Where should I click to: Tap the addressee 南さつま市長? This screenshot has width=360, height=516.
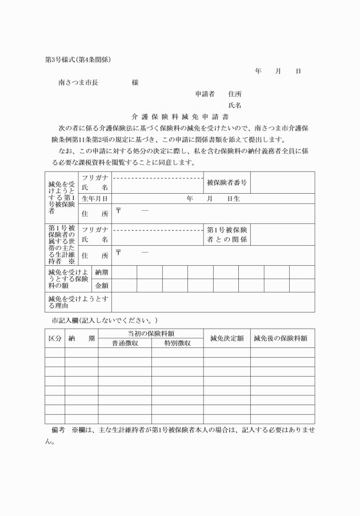click(x=78, y=83)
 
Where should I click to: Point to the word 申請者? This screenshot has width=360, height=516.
click(x=205, y=94)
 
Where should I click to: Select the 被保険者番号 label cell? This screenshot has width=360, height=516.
click(x=227, y=182)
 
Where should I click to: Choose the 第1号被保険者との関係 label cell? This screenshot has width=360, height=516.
click(x=227, y=234)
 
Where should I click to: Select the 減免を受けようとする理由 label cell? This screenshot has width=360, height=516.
click(x=79, y=302)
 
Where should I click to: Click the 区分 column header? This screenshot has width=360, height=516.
click(x=54, y=338)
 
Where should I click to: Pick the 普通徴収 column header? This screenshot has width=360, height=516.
click(x=125, y=343)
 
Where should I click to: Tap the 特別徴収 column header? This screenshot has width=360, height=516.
click(x=177, y=343)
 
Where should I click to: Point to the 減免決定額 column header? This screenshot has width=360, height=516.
click(x=227, y=338)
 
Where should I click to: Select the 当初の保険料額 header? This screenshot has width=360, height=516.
click(x=151, y=333)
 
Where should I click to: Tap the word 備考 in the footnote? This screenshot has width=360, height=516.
click(x=57, y=429)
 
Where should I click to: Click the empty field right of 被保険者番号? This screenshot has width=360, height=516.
click(x=282, y=182)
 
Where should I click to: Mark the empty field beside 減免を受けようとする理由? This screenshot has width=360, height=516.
click(x=213, y=302)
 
